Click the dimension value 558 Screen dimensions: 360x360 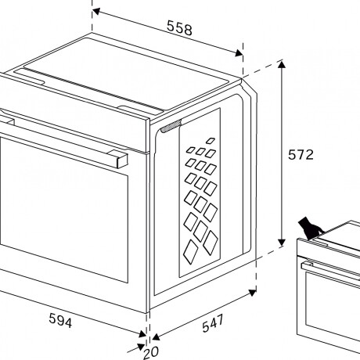[179, 28]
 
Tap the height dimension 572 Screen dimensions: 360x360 [300, 155]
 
